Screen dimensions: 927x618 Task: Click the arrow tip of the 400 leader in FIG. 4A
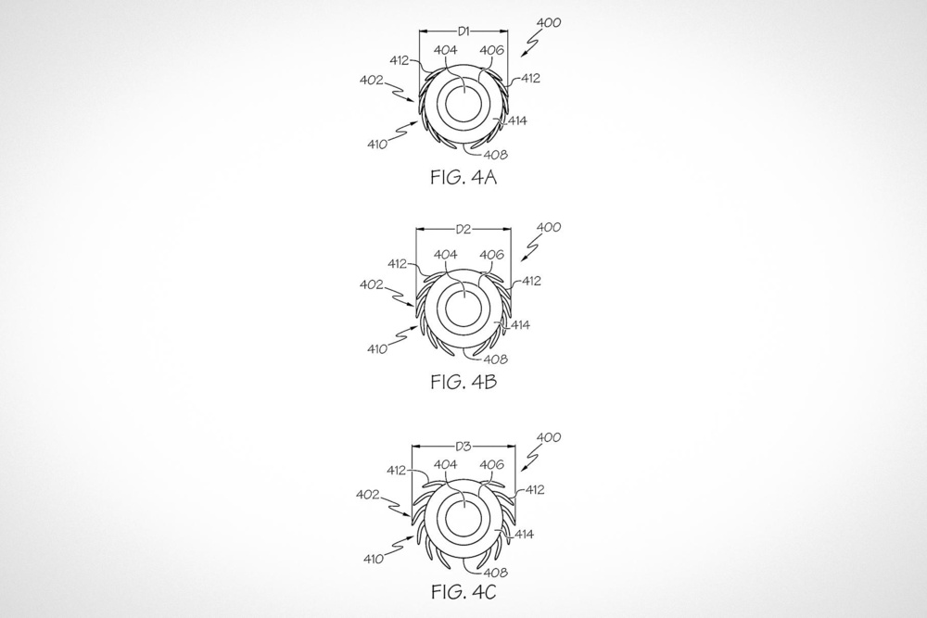521,57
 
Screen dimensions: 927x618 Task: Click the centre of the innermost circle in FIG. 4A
467,106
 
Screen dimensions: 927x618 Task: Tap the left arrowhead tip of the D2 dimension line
416,229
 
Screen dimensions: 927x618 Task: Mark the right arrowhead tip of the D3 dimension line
514,448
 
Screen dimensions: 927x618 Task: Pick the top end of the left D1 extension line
419,28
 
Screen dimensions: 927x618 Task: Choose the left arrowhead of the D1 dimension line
423,32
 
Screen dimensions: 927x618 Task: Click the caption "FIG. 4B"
464,382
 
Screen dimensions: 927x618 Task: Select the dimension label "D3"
463,447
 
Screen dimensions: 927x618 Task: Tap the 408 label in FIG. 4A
495,155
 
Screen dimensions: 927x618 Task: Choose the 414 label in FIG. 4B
520,325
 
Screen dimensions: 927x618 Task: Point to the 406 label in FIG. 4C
491,464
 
